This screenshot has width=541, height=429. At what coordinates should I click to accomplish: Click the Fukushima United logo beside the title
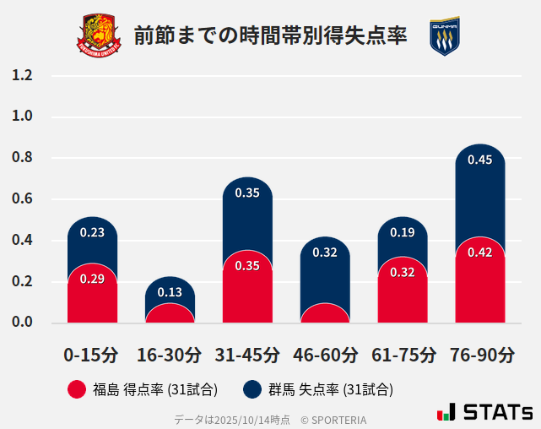(100, 35)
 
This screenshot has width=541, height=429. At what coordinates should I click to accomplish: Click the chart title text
(270, 36)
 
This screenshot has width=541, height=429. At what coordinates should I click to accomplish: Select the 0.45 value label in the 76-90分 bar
(479, 160)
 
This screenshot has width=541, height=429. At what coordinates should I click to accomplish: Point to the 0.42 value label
(479, 252)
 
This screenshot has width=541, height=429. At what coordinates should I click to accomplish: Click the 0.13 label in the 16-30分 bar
(170, 292)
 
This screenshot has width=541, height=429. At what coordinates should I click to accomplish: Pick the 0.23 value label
(92, 232)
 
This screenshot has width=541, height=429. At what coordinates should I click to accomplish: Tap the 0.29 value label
(92, 279)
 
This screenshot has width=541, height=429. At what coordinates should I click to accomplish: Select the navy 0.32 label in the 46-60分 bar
(325, 252)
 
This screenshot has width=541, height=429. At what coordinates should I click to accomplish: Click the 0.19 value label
(403, 232)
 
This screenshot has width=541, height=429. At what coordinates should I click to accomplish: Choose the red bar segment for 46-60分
(325, 313)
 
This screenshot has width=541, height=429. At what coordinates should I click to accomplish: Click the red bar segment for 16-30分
(170, 313)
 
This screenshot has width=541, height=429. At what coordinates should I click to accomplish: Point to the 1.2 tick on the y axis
(22, 75)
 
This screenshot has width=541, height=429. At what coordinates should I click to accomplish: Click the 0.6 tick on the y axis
(22, 199)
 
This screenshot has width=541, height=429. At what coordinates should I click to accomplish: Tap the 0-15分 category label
(91, 354)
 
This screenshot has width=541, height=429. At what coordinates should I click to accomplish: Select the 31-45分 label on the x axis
(246, 354)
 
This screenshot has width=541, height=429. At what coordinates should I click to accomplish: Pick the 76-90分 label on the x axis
(481, 354)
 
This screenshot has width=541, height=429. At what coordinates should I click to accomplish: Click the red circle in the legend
(77, 389)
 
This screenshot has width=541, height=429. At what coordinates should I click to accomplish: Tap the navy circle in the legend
(252, 389)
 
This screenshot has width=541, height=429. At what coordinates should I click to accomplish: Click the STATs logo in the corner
(484, 412)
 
